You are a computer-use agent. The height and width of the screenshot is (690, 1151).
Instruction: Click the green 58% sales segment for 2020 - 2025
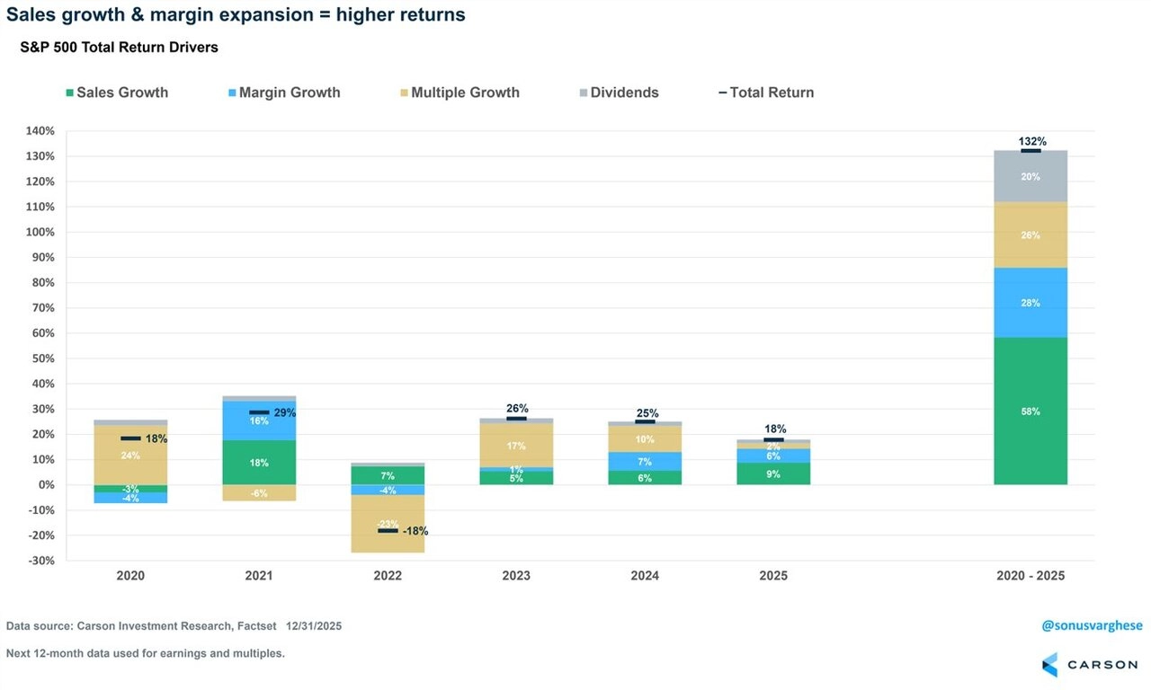pos(1031,411)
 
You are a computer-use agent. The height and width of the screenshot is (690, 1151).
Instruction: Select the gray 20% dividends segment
pos(1031,176)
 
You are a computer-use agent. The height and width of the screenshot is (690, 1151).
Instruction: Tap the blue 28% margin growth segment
pos(1031,303)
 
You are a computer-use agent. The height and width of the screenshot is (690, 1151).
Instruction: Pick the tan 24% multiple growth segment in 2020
pos(131,455)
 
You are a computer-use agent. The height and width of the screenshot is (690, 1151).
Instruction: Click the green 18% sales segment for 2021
pos(259,463)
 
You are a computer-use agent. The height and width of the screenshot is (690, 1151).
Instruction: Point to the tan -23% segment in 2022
pos(388,524)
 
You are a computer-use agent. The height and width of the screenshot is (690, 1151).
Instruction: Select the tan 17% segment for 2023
pos(516,446)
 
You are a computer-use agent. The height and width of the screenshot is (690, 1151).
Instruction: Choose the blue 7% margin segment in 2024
pos(645,461)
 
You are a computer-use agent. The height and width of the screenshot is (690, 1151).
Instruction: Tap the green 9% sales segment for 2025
pos(773,473)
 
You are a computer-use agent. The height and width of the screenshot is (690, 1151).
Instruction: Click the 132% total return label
pos(1032,141)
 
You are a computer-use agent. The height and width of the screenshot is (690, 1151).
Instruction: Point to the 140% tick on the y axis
pos(40,131)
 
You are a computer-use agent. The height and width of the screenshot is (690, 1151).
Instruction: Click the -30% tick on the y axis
pos(40,561)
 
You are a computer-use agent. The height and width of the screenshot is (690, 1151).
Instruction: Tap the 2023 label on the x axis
pos(516,576)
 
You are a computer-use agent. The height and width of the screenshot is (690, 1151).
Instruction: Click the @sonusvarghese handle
pos(1092,626)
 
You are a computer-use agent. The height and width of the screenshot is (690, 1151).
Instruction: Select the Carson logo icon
pos(1049,665)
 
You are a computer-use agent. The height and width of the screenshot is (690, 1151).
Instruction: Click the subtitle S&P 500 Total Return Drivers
pos(119,48)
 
